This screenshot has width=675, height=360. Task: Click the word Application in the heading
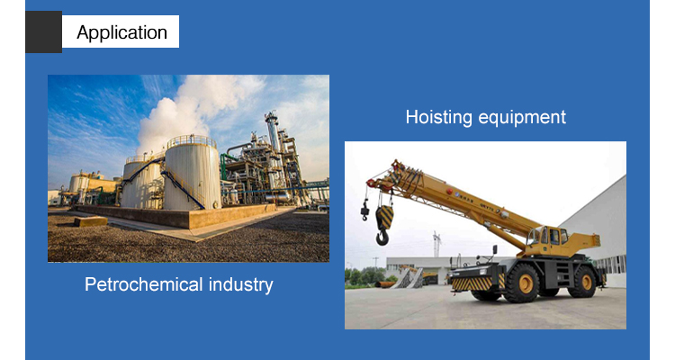click(x=121, y=32)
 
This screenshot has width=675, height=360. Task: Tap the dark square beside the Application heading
click(x=43, y=31)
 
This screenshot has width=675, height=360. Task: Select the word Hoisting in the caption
click(x=438, y=118)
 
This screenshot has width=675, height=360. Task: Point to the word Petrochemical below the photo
click(x=143, y=284)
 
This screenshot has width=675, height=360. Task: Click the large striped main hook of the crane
click(x=383, y=225)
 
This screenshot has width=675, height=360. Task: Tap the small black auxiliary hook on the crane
click(x=365, y=211)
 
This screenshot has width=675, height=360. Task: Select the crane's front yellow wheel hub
click(x=526, y=283)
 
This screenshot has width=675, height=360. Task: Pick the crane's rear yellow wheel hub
click(x=587, y=282)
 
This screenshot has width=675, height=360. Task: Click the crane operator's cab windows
click(x=548, y=237)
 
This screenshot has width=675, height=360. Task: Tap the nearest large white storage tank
click(x=192, y=173)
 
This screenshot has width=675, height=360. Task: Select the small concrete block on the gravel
click(x=90, y=221)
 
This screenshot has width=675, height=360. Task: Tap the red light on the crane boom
click(x=449, y=192)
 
